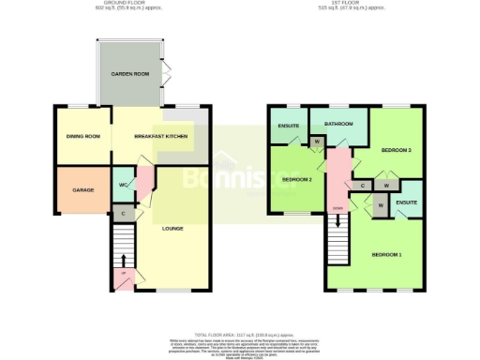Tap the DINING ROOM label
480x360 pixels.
coord(82,138)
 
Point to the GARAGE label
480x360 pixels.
coord(83,190)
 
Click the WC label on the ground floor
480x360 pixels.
coord(123,185)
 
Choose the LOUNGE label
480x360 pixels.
coord(172,228)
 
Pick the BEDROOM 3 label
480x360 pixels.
coord(397,150)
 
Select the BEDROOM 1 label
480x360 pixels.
coord(386,255)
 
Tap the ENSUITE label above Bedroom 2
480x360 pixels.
coord(289,124)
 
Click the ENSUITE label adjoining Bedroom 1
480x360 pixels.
coord(406,202)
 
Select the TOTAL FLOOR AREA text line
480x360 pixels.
coord(240,334)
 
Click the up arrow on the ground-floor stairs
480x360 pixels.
coord(119,274)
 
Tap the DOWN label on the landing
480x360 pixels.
coord(336,208)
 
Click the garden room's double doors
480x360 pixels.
coord(166,72)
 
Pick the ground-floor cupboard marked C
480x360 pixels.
coord(125,214)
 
